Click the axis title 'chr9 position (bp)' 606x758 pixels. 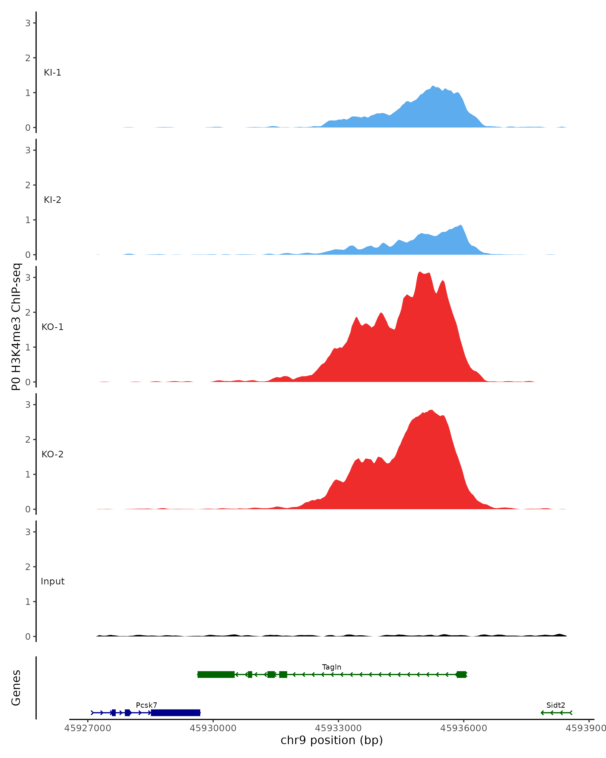pyautogui.click(x=331, y=740)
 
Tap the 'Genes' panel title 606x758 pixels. pyautogui.click(x=16, y=688)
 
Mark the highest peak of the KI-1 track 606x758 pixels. pyautogui.click(x=433, y=86)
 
